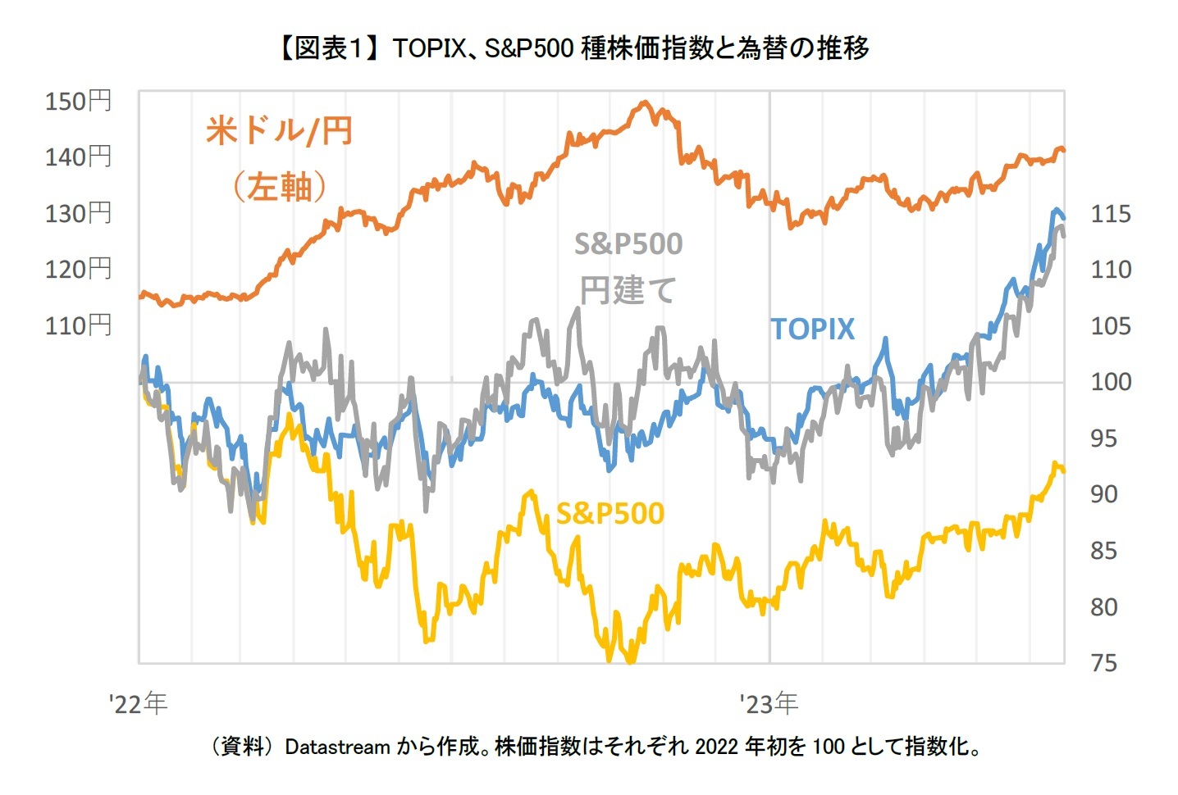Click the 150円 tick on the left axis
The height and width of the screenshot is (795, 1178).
(78, 101)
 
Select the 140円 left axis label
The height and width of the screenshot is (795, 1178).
(78, 157)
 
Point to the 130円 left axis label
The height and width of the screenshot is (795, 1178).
(78, 213)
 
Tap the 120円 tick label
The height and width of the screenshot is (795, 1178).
(78, 269)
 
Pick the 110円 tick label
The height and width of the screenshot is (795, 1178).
(78, 325)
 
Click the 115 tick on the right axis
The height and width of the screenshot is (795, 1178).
(1110, 214)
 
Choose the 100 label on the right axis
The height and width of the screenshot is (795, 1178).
(1110, 382)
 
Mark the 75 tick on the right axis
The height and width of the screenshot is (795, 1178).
(1104, 662)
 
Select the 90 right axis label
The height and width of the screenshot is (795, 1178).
(1104, 494)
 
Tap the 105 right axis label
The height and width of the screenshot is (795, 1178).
(1110, 326)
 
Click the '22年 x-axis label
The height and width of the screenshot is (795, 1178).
(138, 703)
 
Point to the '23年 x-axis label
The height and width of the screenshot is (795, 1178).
(768, 703)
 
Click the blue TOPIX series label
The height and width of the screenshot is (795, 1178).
(812, 329)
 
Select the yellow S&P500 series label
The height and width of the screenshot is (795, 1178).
(610, 514)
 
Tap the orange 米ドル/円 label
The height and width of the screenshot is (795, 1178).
(279, 131)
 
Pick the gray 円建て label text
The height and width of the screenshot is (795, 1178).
(628, 290)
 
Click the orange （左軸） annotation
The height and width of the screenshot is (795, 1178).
(279, 187)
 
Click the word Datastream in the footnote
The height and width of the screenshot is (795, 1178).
(337, 747)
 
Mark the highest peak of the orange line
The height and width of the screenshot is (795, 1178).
(645, 103)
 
